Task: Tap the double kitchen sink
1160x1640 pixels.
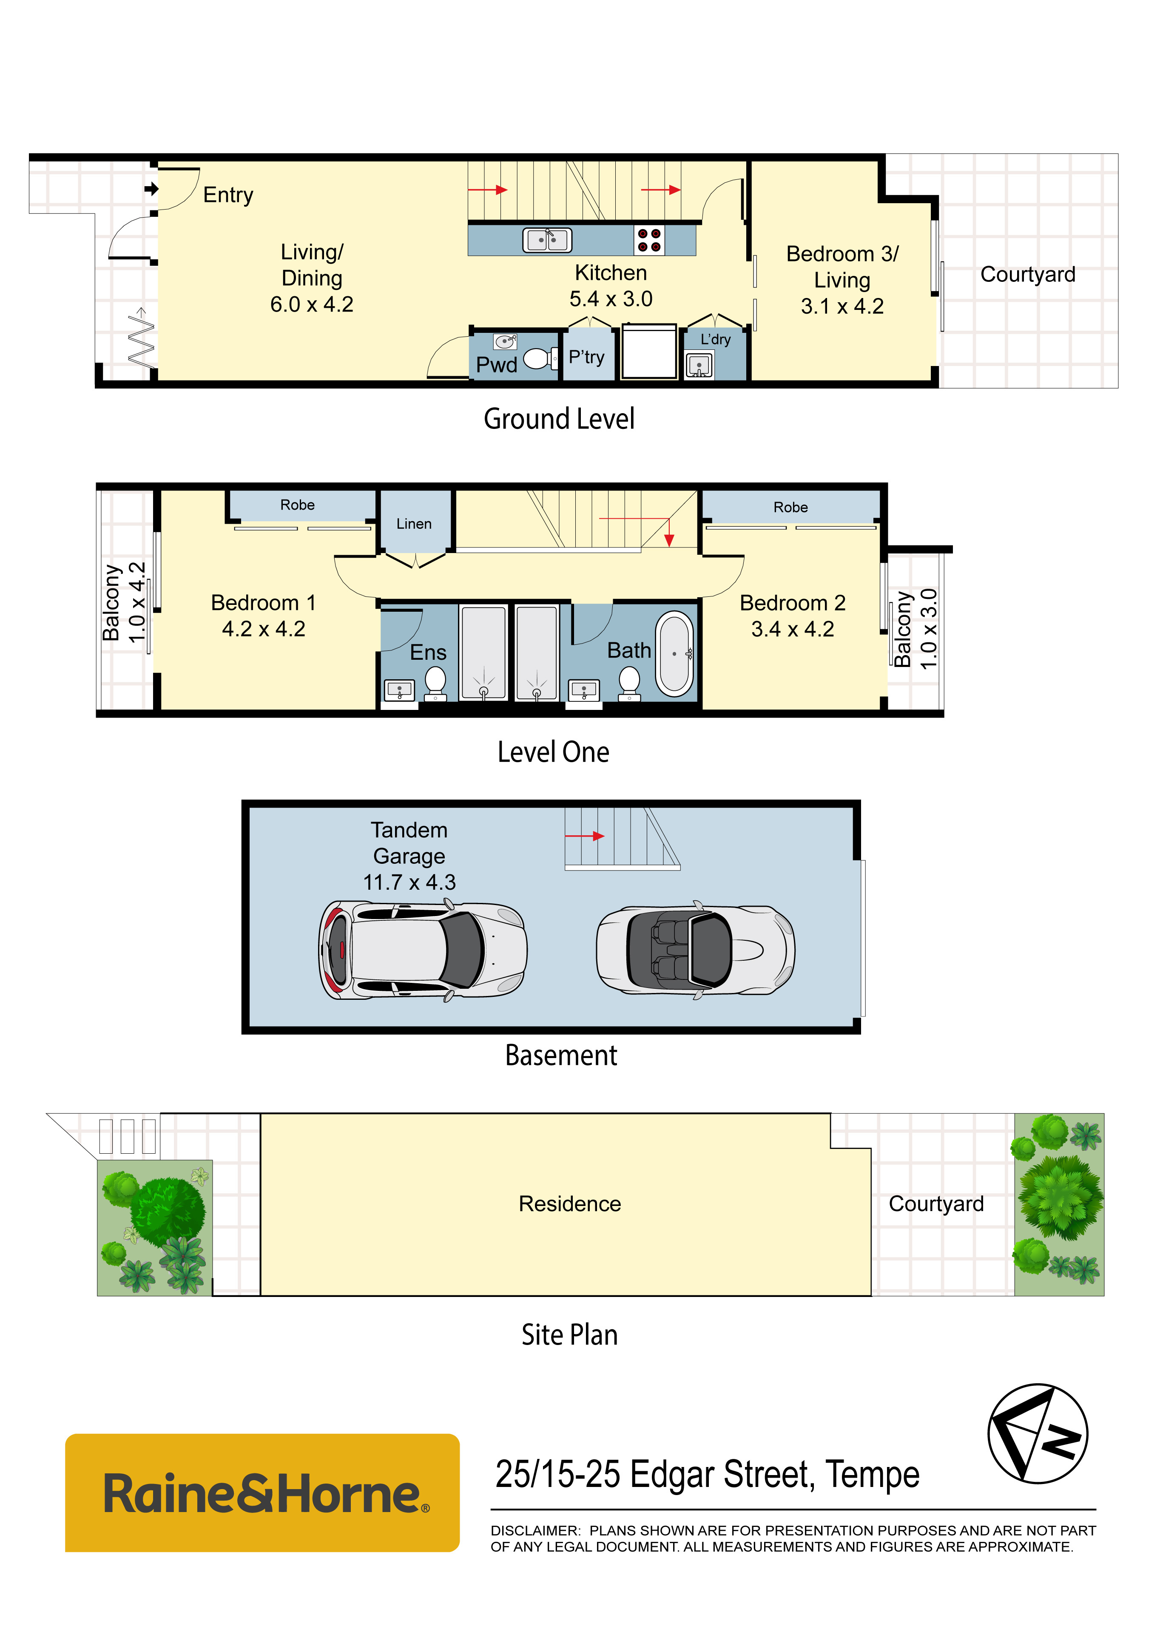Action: point(547,240)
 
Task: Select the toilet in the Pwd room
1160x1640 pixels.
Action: point(541,358)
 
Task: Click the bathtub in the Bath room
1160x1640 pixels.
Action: point(674,653)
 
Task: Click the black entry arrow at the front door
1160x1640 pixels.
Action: point(151,189)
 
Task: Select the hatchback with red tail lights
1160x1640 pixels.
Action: point(423,950)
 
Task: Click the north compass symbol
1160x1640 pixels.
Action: point(1038,1433)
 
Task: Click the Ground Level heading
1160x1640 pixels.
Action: point(559,419)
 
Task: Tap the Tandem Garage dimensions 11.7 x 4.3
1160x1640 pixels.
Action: point(409,882)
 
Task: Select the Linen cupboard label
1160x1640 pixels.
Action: point(414,524)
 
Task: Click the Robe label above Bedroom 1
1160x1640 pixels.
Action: point(297,505)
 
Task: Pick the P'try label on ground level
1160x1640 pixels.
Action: point(586,357)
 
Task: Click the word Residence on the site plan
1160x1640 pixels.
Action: point(570,1204)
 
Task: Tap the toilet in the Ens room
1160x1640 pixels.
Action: point(436,683)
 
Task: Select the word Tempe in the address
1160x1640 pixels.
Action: point(872,1474)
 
